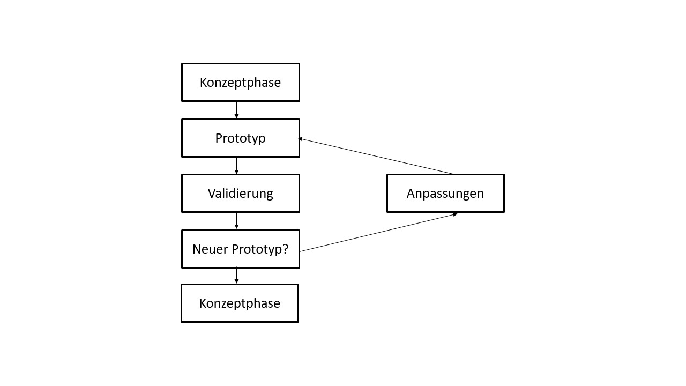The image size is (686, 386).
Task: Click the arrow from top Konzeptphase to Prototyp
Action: [x=236, y=109]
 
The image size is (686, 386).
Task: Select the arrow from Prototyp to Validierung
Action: [x=236, y=165]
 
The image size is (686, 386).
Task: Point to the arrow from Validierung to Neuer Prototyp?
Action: [x=236, y=220]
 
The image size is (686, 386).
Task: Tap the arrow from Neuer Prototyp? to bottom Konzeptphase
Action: [x=236, y=275]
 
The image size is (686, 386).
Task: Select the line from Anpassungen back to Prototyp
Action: [x=375, y=156]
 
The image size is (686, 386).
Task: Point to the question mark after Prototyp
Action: [x=285, y=249]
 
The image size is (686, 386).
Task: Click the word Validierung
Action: [x=241, y=194]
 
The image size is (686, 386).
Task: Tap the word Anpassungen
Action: [x=445, y=194]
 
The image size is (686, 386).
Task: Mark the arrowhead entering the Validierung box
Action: [x=236, y=172]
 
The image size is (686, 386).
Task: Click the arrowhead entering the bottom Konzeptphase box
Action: [x=236, y=281]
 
